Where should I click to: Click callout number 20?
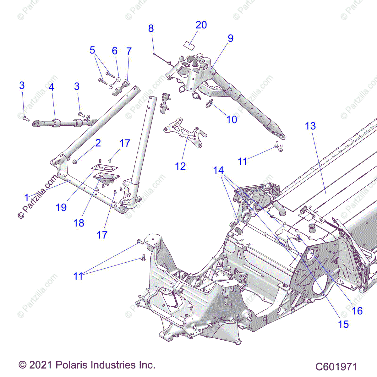(201, 25)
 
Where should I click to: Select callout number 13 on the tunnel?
(310, 126)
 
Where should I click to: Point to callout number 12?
(180, 166)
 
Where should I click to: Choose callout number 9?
(231, 38)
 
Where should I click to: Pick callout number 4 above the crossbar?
(51, 87)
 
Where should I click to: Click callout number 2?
(98, 143)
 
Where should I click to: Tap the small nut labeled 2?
(75, 162)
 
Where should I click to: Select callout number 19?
(61, 207)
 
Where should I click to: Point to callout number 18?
(79, 223)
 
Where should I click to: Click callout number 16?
(357, 311)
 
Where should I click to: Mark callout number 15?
(343, 324)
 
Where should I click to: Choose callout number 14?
(218, 170)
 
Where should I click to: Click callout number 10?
(232, 119)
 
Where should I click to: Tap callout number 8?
(151, 28)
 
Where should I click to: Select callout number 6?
(115, 51)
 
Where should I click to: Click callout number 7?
(129, 51)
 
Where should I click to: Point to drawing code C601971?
(336, 367)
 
